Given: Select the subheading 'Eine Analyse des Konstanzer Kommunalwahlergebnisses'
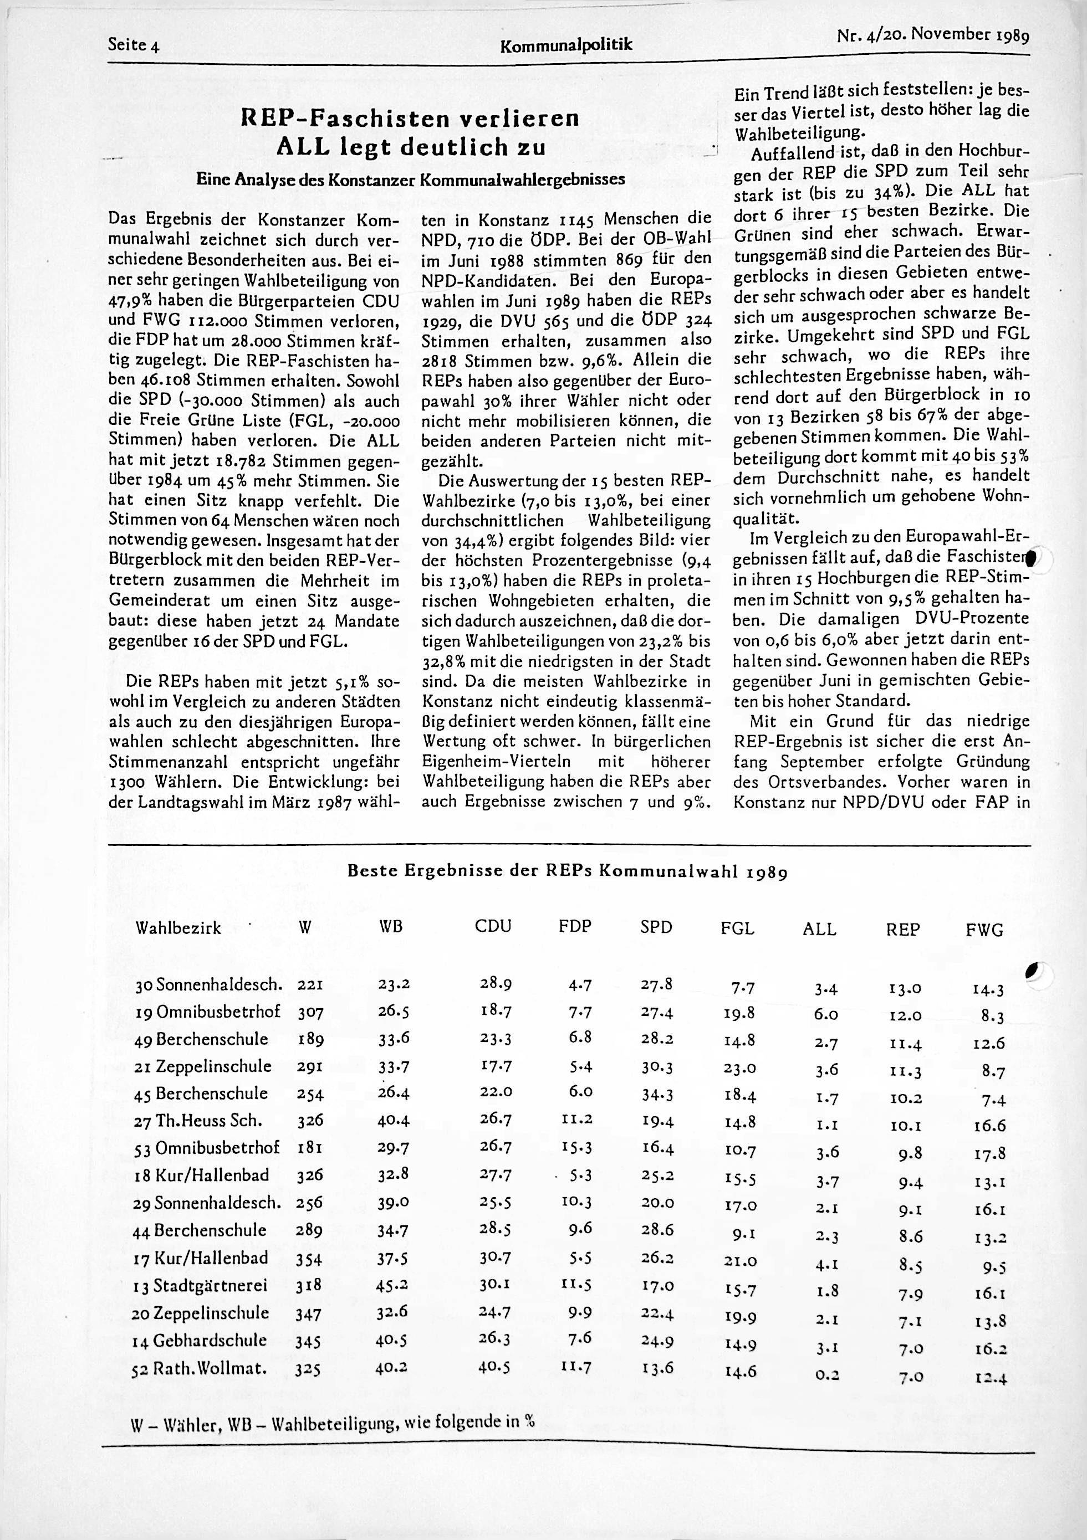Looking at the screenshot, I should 410,179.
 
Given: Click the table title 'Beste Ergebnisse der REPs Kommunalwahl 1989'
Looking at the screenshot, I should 567,871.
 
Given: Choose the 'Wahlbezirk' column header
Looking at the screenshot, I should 178,928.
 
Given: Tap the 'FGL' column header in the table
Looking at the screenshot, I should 738,928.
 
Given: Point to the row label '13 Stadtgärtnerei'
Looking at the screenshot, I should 201,1285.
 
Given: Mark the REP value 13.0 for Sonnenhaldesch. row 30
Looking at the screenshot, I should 905,988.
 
